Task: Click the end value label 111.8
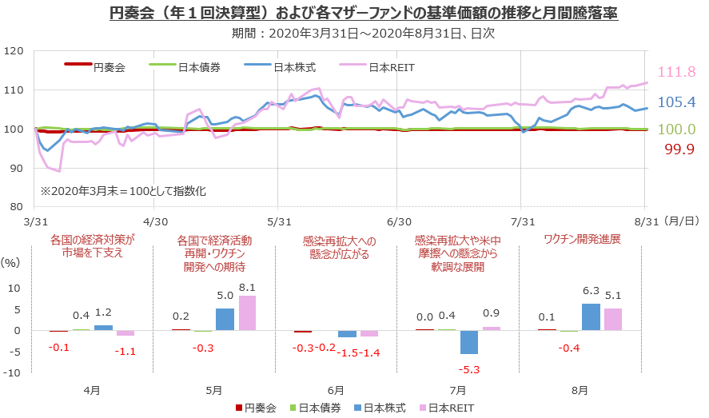click(676, 73)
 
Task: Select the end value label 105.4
click(676, 102)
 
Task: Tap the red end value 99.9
click(676, 147)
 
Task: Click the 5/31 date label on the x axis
click(277, 221)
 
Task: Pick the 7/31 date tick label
click(521, 221)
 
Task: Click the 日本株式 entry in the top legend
click(295, 68)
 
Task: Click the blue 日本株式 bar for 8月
click(591, 317)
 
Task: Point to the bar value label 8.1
click(247, 288)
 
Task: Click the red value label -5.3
click(469, 368)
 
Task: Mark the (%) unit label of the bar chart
click(10, 261)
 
